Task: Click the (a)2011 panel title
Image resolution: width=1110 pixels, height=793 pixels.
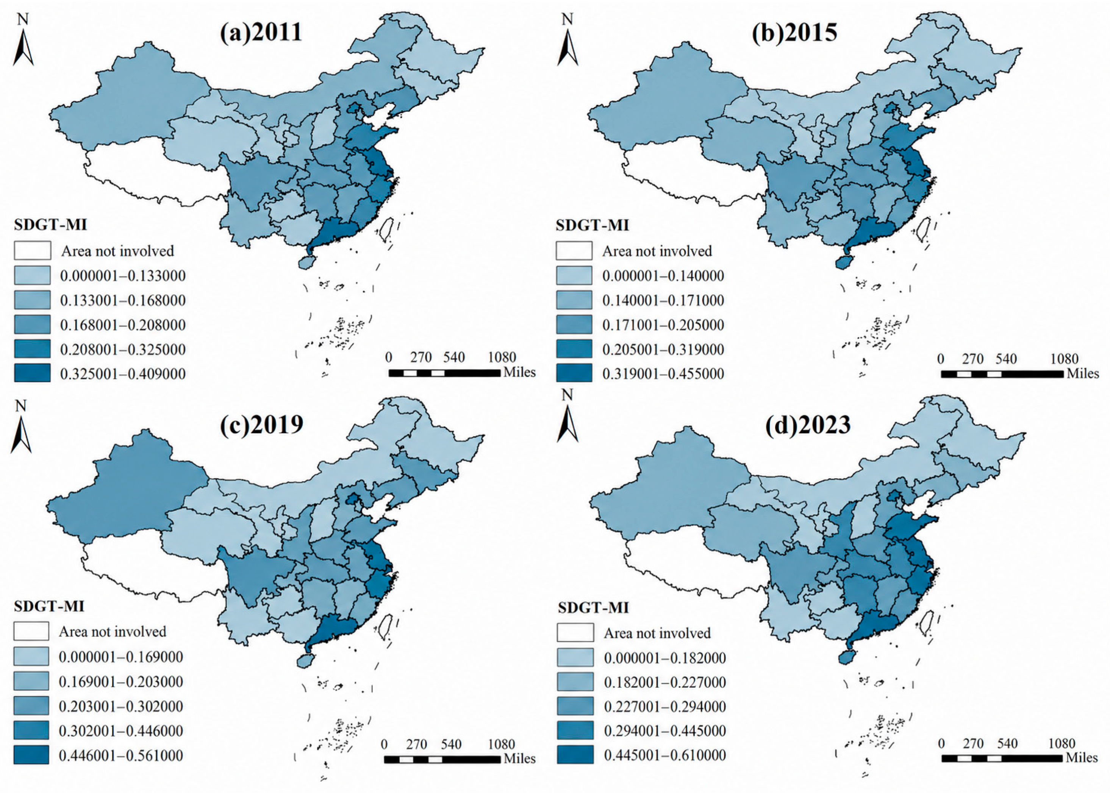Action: [261, 33]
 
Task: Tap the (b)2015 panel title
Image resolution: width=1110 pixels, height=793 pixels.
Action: [794, 33]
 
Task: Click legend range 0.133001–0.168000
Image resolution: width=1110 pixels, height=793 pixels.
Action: [123, 300]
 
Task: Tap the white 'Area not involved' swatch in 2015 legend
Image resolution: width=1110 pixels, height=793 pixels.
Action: [574, 250]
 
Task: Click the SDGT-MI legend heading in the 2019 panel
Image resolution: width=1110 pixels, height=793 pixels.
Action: [49, 606]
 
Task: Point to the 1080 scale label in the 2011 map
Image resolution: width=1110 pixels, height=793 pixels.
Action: [502, 357]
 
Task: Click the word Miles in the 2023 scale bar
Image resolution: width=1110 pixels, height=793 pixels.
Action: [1082, 758]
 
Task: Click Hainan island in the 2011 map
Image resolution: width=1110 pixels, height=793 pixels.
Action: [307, 262]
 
